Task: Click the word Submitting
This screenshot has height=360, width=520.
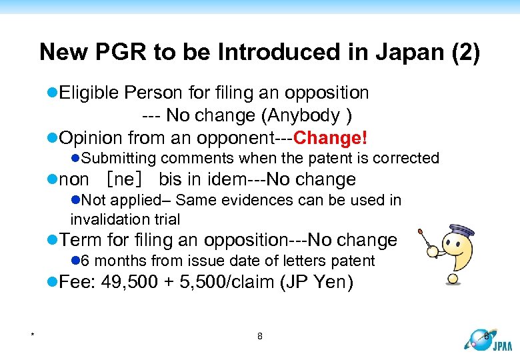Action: point(119,158)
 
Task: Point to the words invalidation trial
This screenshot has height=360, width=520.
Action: point(125,219)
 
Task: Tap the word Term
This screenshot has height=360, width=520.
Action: point(78,240)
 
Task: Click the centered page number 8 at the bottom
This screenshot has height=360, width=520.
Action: point(260,336)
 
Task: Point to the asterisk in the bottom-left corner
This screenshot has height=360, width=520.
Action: point(32,335)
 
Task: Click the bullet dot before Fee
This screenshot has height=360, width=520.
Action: point(53,282)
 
